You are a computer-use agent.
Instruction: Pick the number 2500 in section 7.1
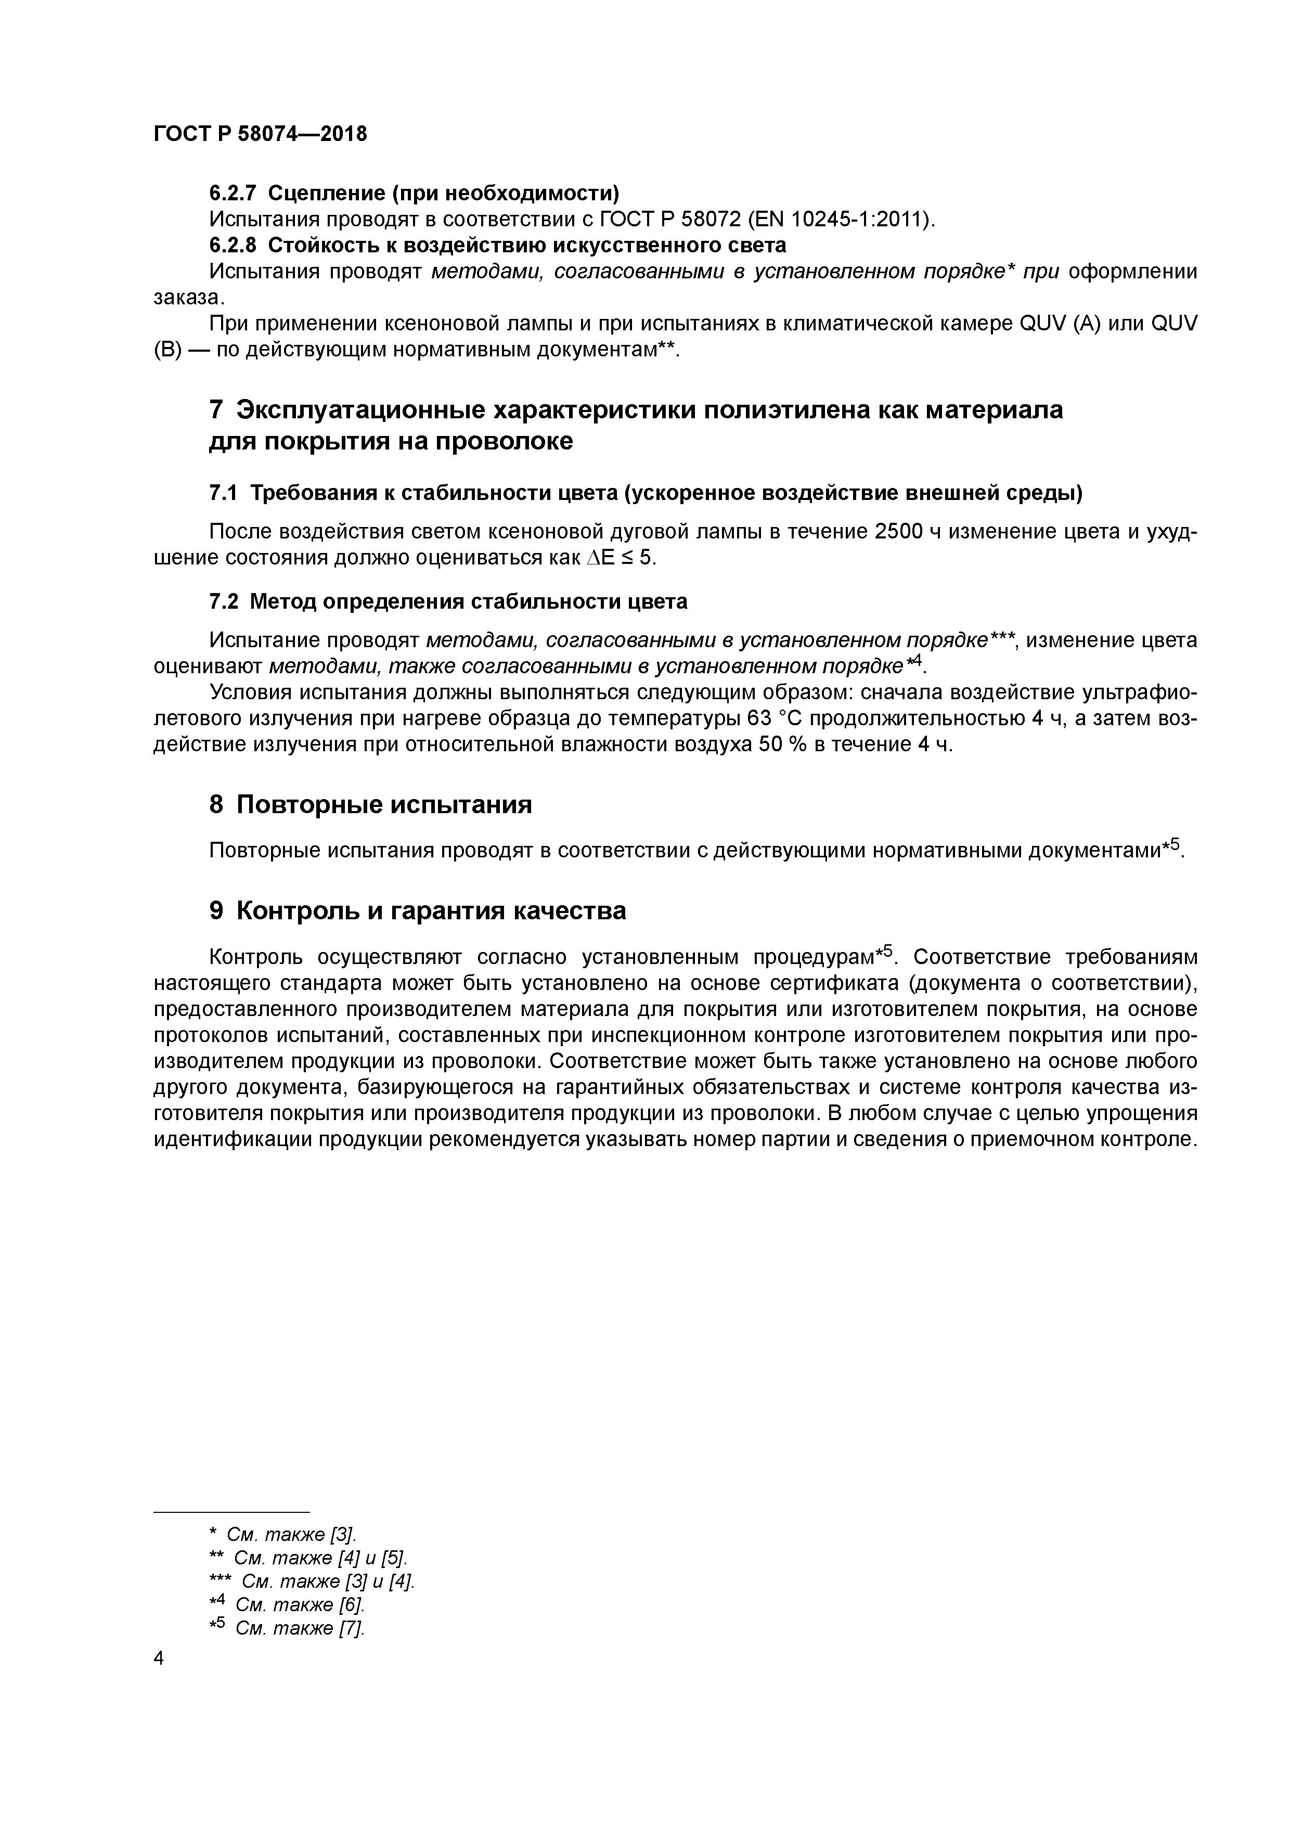[897, 532]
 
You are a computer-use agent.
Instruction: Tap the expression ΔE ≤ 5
[621, 557]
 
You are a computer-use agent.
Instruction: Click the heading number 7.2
[223, 602]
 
